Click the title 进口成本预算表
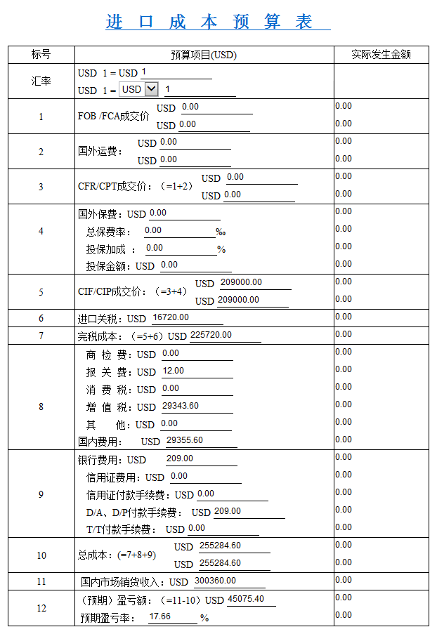[x=218, y=21]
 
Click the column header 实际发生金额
[x=381, y=55]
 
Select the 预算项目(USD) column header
[x=204, y=55]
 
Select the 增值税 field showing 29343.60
[x=196, y=406]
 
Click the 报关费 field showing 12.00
[x=196, y=371]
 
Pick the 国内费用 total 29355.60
[x=200, y=440]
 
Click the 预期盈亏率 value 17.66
[x=172, y=616]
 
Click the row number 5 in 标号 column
[x=41, y=292]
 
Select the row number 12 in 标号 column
[x=41, y=608]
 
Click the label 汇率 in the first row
[x=41, y=81]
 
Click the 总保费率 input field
[x=179, y=230]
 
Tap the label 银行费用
[x=101, y=460]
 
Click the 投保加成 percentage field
[x=181, y=248]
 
